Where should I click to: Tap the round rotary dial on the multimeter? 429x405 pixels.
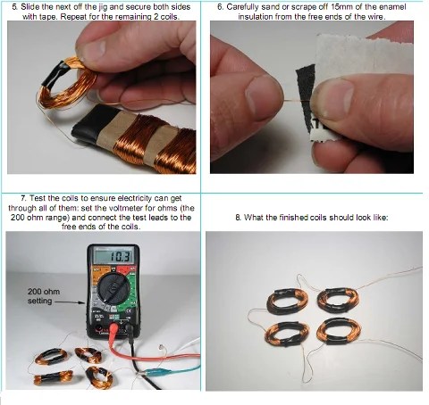tap(114, 289)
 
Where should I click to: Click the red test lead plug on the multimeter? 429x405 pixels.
tap(114, 330)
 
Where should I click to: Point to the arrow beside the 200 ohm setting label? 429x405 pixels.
tap(70, 302)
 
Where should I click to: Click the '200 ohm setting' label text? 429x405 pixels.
tap(44, 296)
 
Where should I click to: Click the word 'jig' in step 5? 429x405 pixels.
tap(102, 7)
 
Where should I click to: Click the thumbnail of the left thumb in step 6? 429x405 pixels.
tap(262, 97)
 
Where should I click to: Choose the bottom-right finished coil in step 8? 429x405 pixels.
tap(339, 331)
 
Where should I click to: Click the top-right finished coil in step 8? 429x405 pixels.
tap(338, 300)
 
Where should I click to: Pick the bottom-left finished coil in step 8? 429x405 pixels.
tap(287, 334)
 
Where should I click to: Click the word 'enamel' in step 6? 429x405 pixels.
tap(391, 7)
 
